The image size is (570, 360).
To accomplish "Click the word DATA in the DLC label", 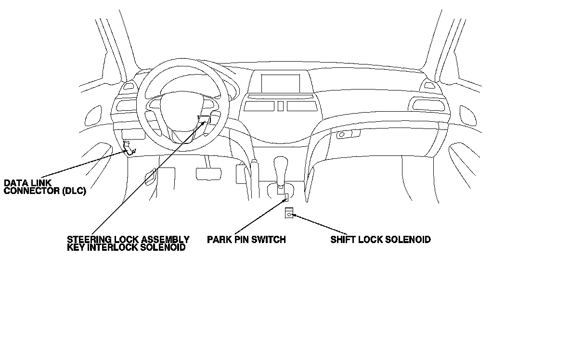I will (x=14, y=183).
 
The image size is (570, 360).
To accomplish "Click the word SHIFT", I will (x=342, y=239).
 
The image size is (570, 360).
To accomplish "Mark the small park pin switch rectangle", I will (x=286, y=197).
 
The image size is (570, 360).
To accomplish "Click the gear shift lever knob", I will (x=280, y=166).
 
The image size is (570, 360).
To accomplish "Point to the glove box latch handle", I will (x=342, y=135).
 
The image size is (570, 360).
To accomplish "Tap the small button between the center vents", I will (x=281, y=106).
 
